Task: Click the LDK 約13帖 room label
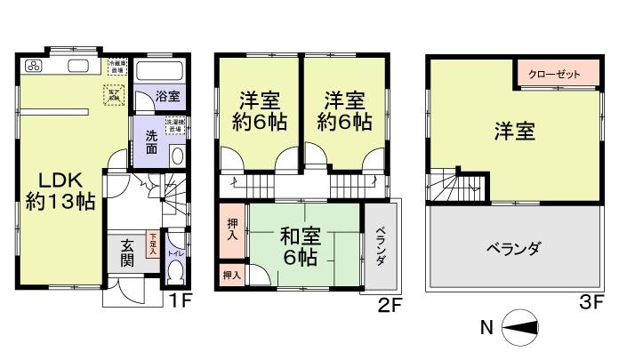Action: [60, 189]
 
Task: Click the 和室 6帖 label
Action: [301, 247]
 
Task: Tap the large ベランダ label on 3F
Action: [514, 248]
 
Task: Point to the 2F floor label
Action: [390, 305]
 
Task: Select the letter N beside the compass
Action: [486, 327]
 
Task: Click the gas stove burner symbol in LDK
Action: [35, 66]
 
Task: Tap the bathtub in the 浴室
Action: [160, 71]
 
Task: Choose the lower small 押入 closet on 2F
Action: [231, 276]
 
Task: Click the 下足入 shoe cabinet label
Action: [153, 244]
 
